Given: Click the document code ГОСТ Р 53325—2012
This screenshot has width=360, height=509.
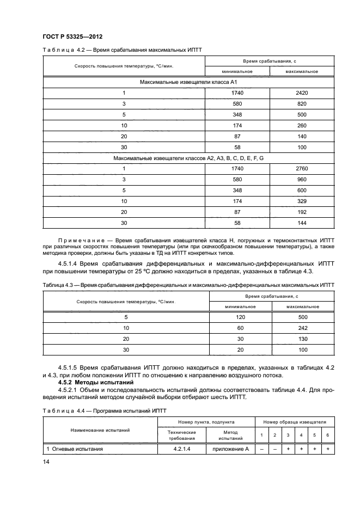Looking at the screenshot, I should coord(72,37).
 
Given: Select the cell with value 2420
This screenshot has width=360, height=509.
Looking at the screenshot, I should coord(302,93).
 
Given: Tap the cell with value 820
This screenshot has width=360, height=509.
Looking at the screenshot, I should coord(302,103).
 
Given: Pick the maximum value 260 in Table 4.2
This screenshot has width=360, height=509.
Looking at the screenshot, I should coord(302,125).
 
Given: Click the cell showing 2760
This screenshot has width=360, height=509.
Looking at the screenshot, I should coord(302,169).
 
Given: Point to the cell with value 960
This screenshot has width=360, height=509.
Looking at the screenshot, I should coord(302,180).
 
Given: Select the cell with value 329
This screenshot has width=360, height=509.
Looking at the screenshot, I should coord(302,201).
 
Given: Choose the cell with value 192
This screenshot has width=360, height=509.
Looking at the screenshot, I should coord(302,212).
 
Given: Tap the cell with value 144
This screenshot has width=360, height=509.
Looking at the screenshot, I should coord(302,223).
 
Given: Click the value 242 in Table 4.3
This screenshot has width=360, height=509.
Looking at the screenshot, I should coord(303,328).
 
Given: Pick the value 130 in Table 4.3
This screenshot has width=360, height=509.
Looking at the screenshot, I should coord(303,339).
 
